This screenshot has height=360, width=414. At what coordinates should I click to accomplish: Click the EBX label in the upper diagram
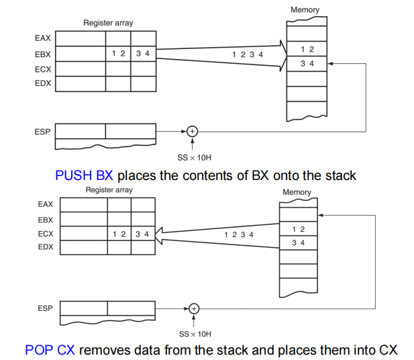coord(42,54)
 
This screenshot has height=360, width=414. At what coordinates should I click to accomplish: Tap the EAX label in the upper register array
coord(42,39)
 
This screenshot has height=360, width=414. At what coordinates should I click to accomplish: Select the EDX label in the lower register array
coord(46,248)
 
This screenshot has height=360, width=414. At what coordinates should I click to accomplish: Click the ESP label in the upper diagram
coord(42,132)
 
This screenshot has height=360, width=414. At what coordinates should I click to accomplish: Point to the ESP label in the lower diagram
coord(46,308)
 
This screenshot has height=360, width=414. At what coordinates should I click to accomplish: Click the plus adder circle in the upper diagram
coord(192,132)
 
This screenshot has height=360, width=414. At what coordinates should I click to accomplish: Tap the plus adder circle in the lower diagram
coord(194,308)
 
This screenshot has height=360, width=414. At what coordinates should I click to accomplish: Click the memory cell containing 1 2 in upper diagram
coord(307,50)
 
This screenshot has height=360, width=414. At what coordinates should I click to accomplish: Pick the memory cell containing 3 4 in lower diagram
coord(298,242)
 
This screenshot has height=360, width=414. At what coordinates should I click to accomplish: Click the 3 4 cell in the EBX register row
coord(142,54)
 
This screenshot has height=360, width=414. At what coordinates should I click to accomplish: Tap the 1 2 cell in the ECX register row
coord(119,234)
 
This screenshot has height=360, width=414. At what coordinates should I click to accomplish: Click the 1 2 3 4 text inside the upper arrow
coord(248,54)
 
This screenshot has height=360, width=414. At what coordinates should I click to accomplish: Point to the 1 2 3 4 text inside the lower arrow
coord(239,234)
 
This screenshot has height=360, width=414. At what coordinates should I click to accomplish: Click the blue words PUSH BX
coord(84,175)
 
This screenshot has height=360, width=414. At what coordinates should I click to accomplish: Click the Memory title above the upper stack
coord(305,10)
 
